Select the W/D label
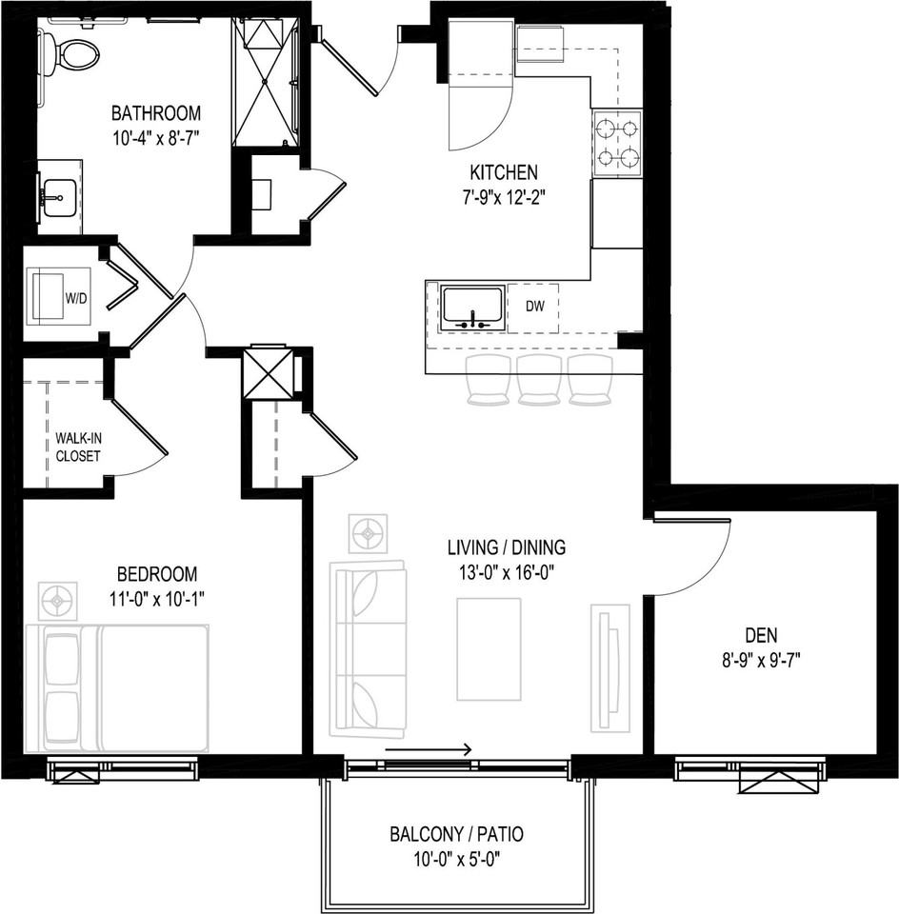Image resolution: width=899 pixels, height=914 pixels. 75,297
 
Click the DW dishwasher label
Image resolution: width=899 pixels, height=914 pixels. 533,307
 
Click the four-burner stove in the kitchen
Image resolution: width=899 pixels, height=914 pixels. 617,143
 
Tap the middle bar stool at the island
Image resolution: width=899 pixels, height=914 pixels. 539,379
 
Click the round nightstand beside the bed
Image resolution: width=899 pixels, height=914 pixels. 58,602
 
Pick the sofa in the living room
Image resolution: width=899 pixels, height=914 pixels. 368,649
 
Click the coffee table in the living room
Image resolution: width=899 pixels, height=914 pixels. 489,648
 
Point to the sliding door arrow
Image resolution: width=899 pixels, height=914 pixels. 429,750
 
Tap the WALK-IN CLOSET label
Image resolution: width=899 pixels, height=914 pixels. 77,447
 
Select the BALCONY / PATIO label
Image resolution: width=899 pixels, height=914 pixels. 456,835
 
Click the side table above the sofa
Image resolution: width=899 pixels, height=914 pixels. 368,533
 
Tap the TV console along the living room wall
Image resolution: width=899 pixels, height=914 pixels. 609,666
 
